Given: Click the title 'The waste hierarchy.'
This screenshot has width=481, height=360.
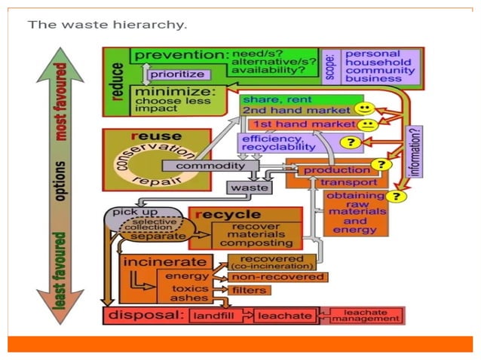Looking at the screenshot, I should click(x=107, y=24).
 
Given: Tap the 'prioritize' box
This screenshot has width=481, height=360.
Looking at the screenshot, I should click(x=177, y=75).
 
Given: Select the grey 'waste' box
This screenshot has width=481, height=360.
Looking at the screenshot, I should click(x=250, y=187).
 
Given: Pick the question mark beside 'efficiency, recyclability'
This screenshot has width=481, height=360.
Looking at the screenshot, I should click(x=350, y=142).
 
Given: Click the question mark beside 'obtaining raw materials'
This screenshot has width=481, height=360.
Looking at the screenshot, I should click(x=397, y=197).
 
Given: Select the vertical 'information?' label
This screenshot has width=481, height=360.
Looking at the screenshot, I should click(x=415, y=151).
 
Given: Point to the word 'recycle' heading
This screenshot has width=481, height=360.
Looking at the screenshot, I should click(x=229, y=215).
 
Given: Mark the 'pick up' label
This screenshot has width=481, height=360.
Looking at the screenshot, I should click(x=135, y=213).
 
